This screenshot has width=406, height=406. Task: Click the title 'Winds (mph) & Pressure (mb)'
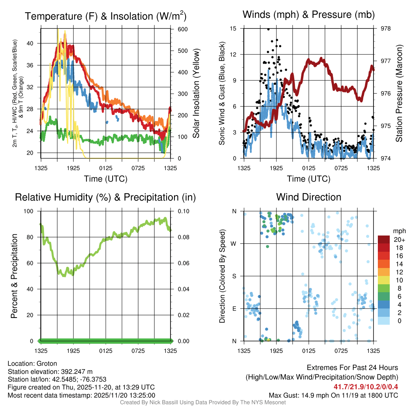tap(308, 15)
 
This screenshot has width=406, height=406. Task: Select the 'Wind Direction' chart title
tap(308, 197)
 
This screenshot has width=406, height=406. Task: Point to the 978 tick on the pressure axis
tap(385, 29)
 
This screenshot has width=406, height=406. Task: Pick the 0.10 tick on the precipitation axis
tap(183, 211)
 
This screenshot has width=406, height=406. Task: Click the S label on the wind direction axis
tap(234, 276)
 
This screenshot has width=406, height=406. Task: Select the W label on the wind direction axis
tap(234, 243)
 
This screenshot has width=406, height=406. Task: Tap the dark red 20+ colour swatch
tap(383, 239)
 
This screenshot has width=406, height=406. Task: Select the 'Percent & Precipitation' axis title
tap(14, 276)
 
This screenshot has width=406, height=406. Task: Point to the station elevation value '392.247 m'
tap(77, 372)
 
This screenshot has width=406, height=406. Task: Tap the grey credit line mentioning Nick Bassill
tap(203, 402)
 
